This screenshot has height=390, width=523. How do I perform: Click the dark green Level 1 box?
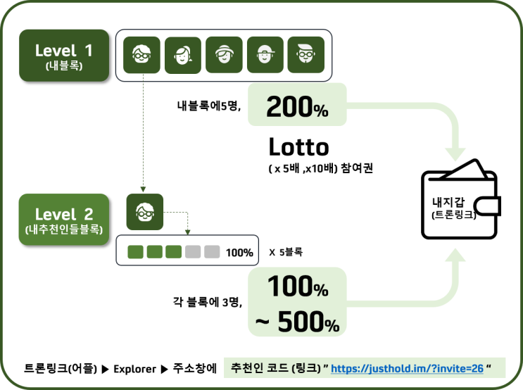click(x=64, y=56)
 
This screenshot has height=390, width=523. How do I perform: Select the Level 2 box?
click(x=64, y=220)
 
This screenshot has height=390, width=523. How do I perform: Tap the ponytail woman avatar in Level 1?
click(x=183, y=55)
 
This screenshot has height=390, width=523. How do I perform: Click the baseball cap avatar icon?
click(x=265, y=55)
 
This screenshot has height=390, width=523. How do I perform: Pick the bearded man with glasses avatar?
click(x=306, y=55)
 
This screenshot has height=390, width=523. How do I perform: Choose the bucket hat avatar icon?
click(x=224, y=55)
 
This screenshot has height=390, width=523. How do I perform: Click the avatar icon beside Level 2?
click(x=145, y=212)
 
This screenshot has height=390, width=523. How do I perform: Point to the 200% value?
click(x=297, y=107)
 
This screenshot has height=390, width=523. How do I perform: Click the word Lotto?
click(x=299, y=147)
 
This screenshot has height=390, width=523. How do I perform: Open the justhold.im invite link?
click(x=407, y=368)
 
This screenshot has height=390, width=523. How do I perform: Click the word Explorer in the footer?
click(x=134, y=369)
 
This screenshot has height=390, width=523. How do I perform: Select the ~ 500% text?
click(x=297, y=322)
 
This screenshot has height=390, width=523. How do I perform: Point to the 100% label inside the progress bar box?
click(x=239, y=253)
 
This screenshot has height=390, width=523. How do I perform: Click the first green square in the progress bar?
click(x=135, y=252)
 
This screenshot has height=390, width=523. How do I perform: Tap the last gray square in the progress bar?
click(x=212, y=252)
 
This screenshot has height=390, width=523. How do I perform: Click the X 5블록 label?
click(x=286, y=252)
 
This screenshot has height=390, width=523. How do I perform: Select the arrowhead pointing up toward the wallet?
click(x=455, y=256)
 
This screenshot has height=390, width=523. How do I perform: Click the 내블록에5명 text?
click(x=209, y=106)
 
